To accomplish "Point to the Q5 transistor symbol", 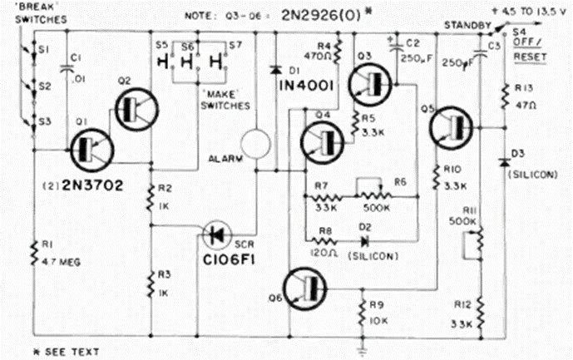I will point(450,126).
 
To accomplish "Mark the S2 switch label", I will point(44,86).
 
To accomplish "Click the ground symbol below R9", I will point(363,339).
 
